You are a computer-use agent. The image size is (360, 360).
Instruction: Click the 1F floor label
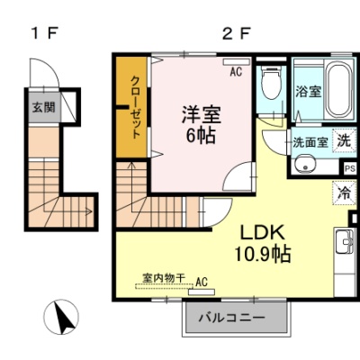pos(44,33)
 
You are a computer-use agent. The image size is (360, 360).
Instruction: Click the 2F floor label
pos(236,33)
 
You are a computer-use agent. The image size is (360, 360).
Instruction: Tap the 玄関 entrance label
pos(44,107)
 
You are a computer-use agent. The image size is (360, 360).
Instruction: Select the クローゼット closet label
pos(136,107)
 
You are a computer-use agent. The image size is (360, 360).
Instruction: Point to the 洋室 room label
pos(202,115)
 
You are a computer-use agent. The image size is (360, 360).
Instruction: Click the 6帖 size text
pos(201,136)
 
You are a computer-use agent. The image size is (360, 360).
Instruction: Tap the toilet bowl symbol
pos(272,82)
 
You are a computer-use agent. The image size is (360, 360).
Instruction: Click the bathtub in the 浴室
pos(339,89)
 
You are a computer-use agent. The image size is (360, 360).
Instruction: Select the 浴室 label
pos(309,91)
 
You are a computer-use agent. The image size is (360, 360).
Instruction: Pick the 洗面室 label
pos(310,142)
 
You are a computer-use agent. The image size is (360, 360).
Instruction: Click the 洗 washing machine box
pos(344,140)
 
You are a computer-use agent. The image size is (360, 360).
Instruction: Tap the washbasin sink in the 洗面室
pos(305,164)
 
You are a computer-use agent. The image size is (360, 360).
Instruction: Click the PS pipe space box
pos(350,168)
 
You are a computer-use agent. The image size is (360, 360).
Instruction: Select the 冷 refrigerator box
pos(344,193)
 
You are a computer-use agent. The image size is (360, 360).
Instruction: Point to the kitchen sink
pos(346,241)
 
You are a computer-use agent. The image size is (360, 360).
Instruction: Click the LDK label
pos(263,232)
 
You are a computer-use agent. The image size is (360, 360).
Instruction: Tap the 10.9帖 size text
pos(263,254)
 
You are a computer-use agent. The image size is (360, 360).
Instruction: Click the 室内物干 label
pos(164,278)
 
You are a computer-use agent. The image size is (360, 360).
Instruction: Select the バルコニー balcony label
pos(232,318)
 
